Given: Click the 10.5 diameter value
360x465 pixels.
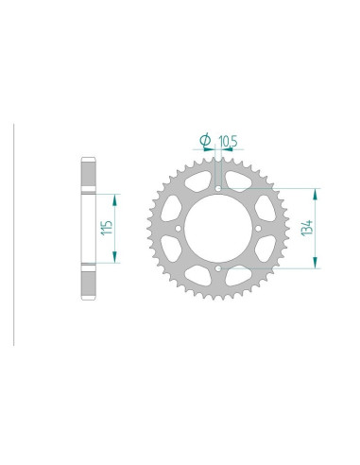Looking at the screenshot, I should point(228,142).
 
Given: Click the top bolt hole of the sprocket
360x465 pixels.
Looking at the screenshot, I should point(218,188).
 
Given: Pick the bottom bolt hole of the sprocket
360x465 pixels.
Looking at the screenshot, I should point(218,269).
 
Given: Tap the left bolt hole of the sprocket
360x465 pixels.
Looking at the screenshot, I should point(178,229).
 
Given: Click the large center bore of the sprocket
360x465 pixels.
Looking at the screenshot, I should point(218,229).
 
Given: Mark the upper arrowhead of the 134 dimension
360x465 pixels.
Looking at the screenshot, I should point(314,192).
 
